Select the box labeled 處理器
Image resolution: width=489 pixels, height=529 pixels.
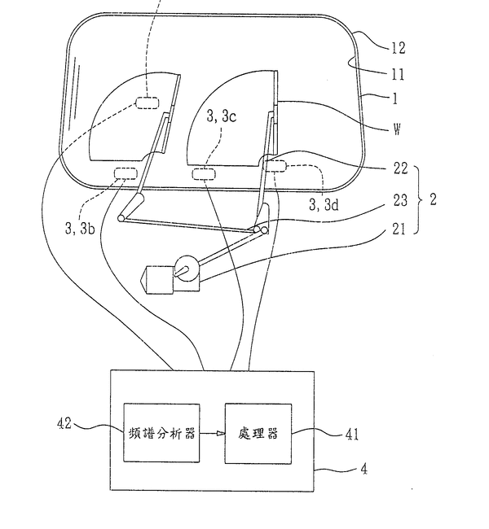point(260,433)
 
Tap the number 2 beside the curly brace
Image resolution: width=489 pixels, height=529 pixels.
point(432,199)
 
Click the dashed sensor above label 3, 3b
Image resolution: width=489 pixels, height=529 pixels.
point(125,172)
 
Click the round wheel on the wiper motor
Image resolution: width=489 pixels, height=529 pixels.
point(188,269)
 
